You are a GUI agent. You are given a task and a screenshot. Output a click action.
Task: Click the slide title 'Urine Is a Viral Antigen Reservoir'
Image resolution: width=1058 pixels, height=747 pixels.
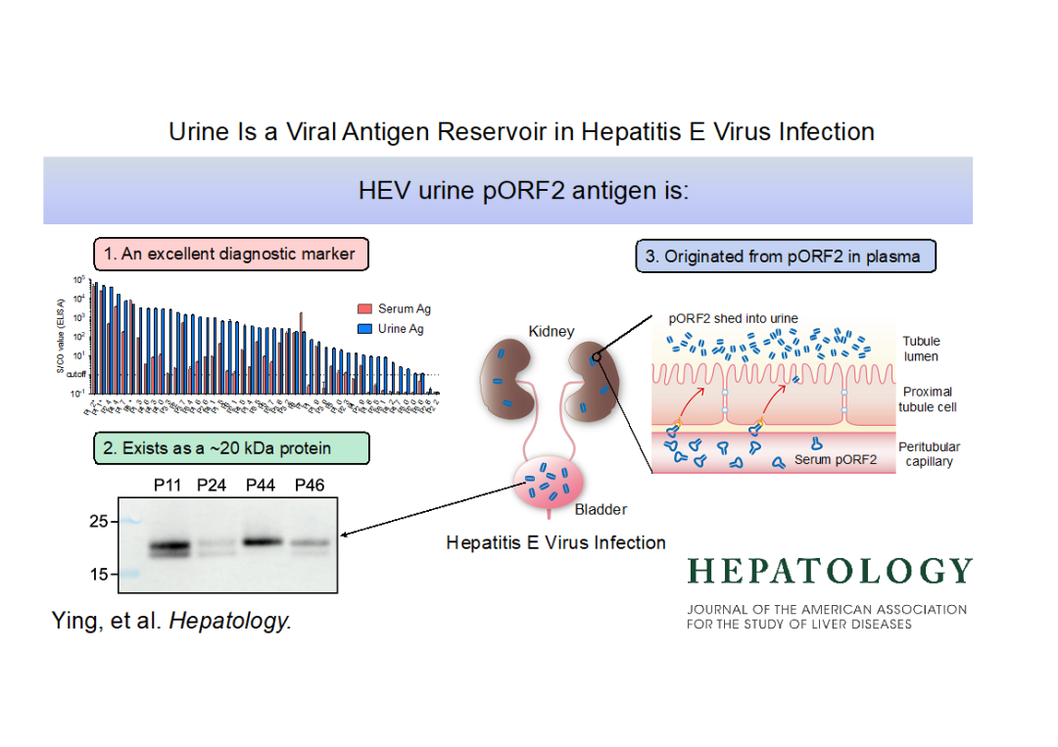[x=521, y=131]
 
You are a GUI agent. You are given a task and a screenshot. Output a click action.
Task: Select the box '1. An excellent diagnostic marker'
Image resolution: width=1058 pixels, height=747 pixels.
[x=230, y=255]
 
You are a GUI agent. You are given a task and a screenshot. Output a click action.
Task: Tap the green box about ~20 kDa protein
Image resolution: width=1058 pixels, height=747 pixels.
[x=231, y=448]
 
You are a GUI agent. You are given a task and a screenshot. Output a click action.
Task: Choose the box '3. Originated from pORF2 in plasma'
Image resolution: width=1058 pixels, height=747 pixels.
[x=785, y=257]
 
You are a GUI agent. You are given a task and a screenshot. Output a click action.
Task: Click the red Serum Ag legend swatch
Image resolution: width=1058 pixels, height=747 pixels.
[x=364, y=309]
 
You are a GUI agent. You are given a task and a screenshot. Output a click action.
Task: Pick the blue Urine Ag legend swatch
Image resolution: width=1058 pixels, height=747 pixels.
[x=364, y=329]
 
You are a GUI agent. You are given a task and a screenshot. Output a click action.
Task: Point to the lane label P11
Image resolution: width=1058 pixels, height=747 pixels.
[x=169, y=486]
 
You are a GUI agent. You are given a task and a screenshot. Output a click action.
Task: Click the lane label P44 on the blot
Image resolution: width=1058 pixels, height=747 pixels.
[x=261, y=486]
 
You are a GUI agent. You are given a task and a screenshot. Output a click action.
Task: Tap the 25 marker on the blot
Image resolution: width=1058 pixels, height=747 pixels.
[x=98, y=521]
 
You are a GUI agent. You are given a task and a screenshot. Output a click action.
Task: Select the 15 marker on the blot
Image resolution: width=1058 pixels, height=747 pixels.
[x=98, y=575]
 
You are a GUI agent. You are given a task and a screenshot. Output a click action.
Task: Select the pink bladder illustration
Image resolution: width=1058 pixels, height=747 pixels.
[x=548, y=483]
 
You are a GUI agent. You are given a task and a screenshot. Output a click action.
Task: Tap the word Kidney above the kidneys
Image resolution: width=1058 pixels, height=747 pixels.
[x=551, y=331]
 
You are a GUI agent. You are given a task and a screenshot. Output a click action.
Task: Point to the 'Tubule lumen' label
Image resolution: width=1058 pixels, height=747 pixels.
[x=921, y=349]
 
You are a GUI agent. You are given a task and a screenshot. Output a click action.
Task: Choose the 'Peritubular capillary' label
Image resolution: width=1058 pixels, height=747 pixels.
[x=929, y=454]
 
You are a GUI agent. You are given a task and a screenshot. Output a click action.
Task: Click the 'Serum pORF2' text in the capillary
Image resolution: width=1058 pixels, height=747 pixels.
[x=836, y=459]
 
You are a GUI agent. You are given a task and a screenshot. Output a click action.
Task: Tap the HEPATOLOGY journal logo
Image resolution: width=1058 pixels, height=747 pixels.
[x=830, y=571]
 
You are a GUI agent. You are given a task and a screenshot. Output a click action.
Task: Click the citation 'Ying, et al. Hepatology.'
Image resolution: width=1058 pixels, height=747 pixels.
[x=171, y=620]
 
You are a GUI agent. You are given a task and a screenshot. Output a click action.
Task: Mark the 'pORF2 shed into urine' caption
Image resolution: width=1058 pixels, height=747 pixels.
[x=734, y=318]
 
